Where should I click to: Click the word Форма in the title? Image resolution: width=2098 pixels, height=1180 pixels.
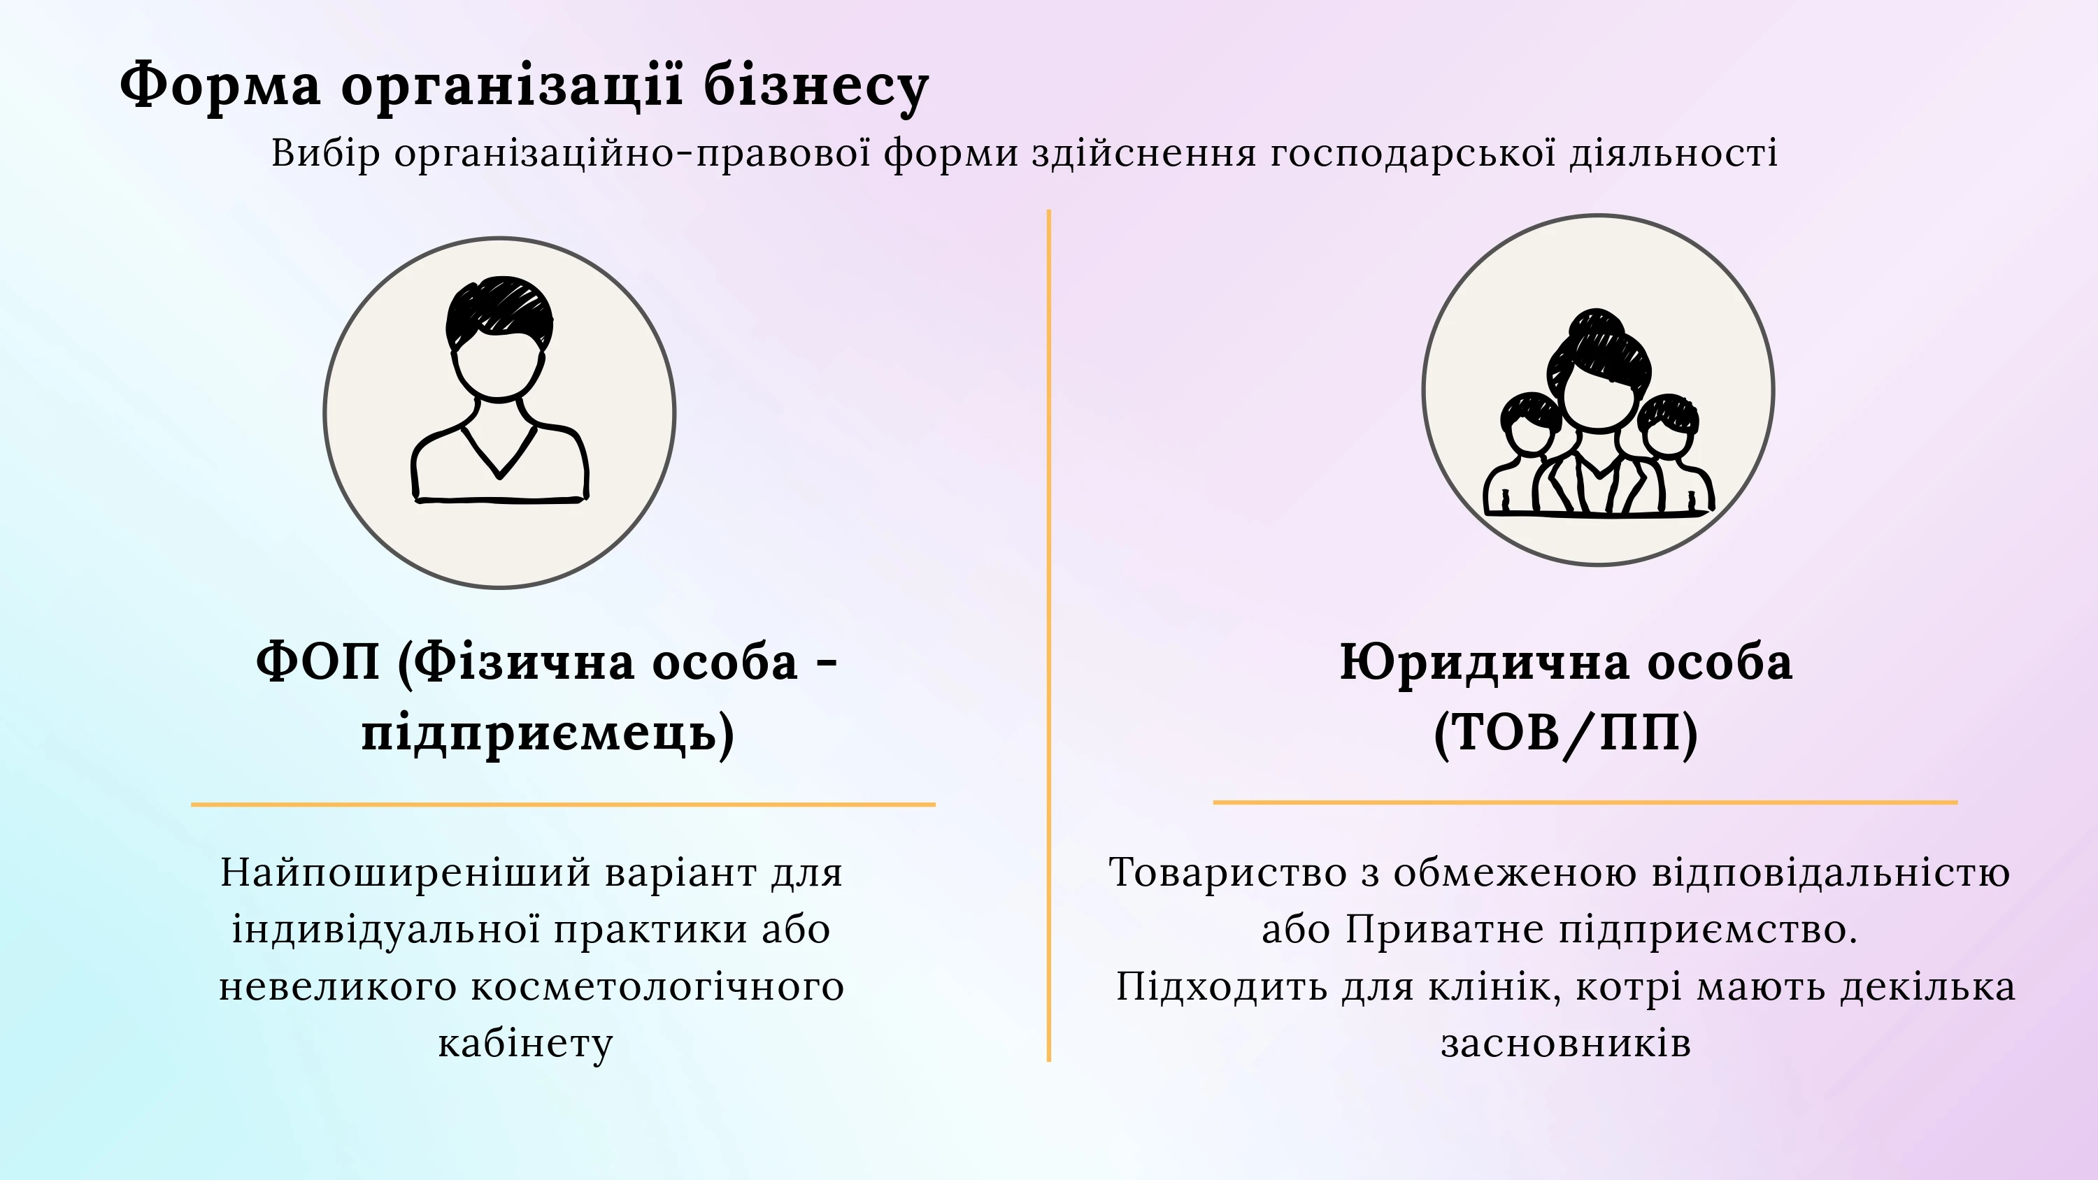[x=220, y=84]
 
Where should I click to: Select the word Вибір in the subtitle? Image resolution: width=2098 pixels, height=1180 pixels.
[x=326, y=153]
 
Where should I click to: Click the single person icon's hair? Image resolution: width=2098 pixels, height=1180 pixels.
[x=499, y=311]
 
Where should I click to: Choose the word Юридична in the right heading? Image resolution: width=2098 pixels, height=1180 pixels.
[x=1485, y=662]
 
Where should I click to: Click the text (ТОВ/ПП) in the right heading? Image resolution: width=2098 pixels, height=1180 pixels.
[x=1565, y=732]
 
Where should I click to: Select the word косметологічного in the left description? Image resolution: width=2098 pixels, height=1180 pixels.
[x=657, y=987]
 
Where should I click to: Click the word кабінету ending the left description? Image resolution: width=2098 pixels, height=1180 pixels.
[x=525, y=1044]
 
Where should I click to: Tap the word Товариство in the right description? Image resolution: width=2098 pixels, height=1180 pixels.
[x=1227, y=872]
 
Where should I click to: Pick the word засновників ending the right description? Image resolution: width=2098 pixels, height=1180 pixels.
[x=1565, y=1044]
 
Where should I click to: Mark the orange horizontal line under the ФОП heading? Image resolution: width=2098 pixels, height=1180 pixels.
[x=564, y=805]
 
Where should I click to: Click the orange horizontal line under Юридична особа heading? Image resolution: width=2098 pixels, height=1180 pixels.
[x=1585, y=802]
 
